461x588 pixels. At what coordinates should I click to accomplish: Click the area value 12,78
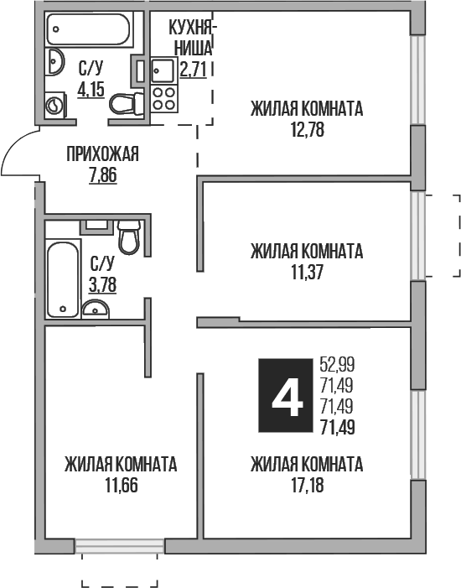306,130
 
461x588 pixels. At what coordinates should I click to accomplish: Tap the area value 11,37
306,272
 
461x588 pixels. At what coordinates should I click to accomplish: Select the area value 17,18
306,484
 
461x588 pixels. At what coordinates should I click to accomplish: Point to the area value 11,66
120,484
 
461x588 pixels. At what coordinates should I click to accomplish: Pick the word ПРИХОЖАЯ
102,154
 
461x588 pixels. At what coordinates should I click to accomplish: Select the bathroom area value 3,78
103,284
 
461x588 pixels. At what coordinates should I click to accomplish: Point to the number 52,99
337,364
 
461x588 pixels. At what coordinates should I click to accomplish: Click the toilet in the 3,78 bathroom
129,236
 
